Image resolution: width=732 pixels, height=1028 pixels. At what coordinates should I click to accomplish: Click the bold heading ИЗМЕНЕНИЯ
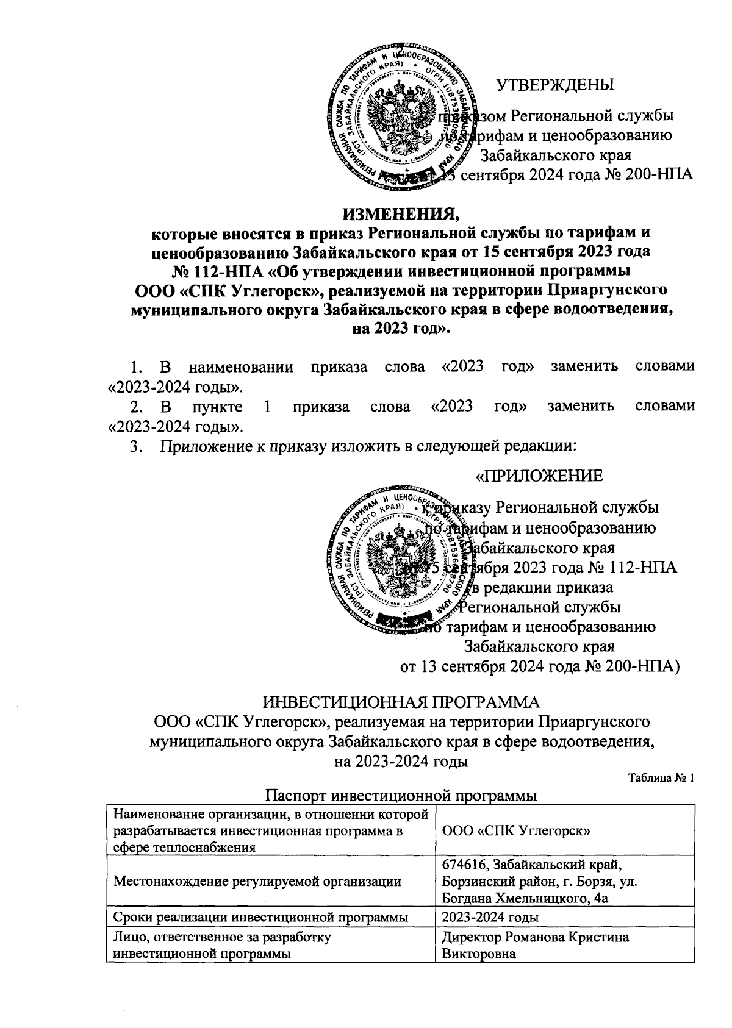[x=402, y=213]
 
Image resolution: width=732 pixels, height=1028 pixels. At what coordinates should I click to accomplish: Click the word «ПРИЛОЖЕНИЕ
[x=539, y=476]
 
